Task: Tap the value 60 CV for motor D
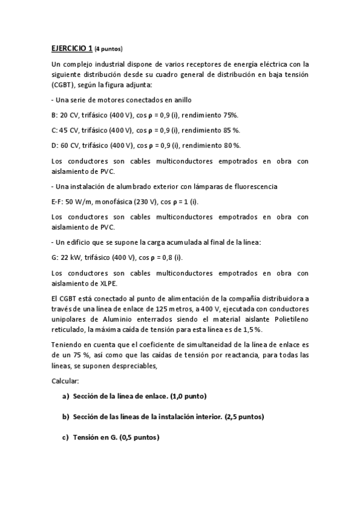pyautogui.click(x=68, y=145)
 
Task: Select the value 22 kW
pyautogui.click(x=71, y=257)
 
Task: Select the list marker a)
pyautogui.click(x=66, y=396)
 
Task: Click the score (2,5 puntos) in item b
pyautogui.click(x=244, y=417)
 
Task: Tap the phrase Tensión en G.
pyautogui.click(x=94, y=438)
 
